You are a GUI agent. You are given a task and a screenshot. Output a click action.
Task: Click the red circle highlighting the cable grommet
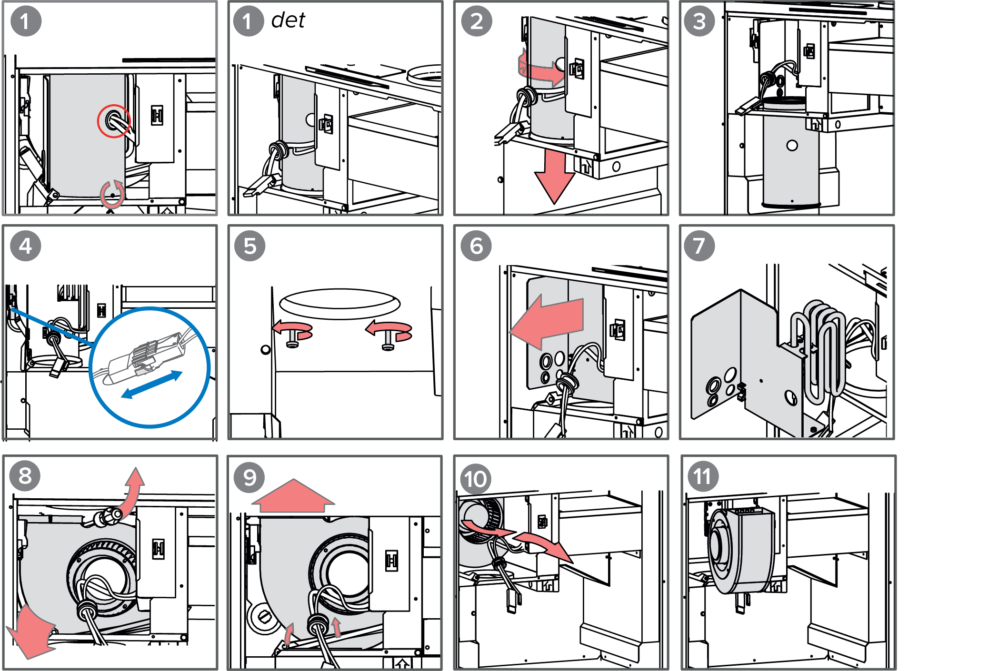tap(114, 121)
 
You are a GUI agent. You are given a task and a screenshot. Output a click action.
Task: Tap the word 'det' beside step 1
tap(288, 20)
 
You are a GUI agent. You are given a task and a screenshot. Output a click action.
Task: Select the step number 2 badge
tap(477, 21)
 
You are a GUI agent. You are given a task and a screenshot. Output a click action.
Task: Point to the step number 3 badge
tap(699, 21)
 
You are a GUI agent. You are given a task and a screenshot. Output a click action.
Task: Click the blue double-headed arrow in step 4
tap(152, 385)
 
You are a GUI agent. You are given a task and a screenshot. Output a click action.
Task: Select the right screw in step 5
tap(389, 339)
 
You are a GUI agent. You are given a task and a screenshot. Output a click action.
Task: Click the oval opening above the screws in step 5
tap(339, 303)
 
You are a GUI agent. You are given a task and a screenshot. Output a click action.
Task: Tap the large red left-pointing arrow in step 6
tap(548, 322)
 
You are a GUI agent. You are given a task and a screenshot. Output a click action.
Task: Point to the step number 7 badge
tap(699, 246)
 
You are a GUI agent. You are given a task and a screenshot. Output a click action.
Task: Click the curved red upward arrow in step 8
tap(133, 490)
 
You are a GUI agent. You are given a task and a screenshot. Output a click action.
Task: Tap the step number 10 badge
tap(476, 479)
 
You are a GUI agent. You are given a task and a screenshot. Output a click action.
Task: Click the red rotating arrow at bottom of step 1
tap(112, 194)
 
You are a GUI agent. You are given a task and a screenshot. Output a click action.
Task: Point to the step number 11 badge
tap(702, 476)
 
